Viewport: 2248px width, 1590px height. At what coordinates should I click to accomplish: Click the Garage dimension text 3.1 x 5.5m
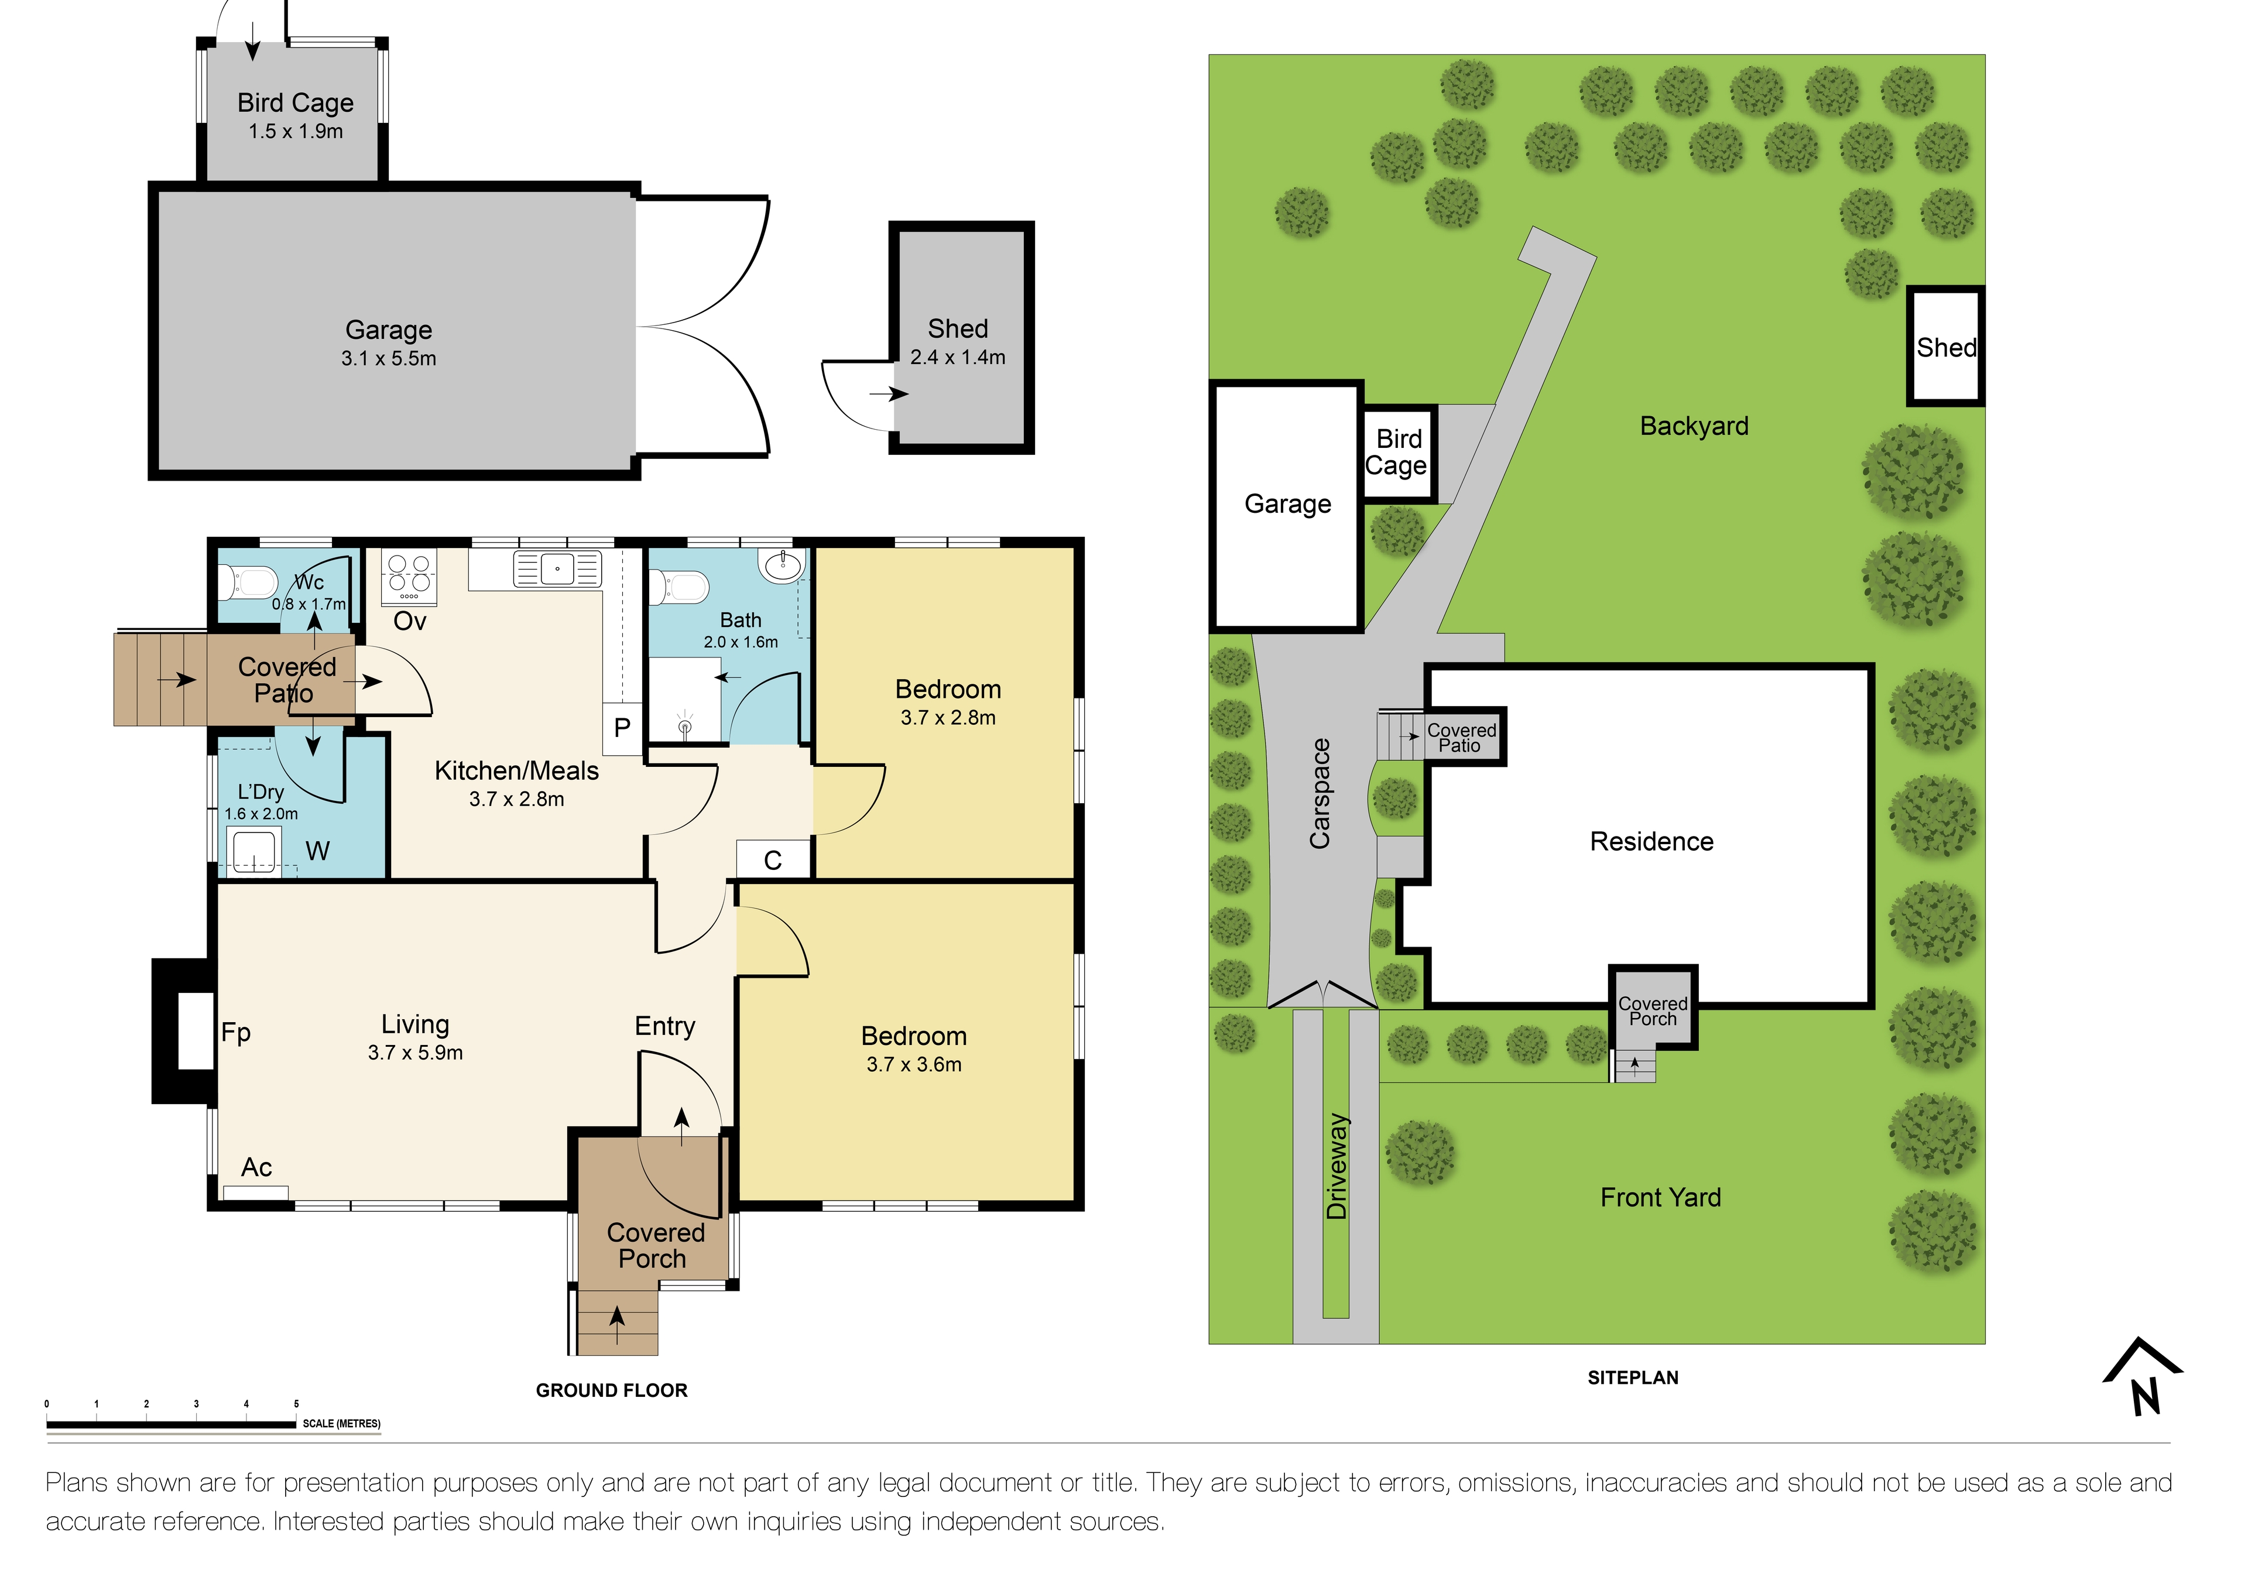pyautogui.click(x=389, y=358)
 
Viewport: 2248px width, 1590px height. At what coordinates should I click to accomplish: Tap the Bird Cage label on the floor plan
pyautogui.click(x=294, y=103)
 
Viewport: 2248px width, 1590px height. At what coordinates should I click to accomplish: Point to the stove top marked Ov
pyautogui.click(x=409, y=575)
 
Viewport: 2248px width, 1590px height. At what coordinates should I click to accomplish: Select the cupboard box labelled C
pyautogui.click(x=773, y=859)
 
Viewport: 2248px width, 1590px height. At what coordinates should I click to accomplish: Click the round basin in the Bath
pyautogui.click(x=782, y=565)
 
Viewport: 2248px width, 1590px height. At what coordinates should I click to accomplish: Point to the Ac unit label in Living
pyautogui.click(x=256, y=1167)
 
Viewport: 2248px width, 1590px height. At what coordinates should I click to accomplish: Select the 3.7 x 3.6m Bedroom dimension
pyautogui.click(x=913, y=1064)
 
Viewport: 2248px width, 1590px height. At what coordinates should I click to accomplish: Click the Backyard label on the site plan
pyautogui.click(x=1693, y=426)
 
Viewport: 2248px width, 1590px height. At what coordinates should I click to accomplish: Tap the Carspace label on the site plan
pyautogui.click(x=1320, y=793)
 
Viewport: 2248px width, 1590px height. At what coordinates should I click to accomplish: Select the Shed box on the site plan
pyautogui.click(x=1945, y=347)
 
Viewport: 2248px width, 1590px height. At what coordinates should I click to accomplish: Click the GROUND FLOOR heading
pyautogui.click(x=611, y=1390)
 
